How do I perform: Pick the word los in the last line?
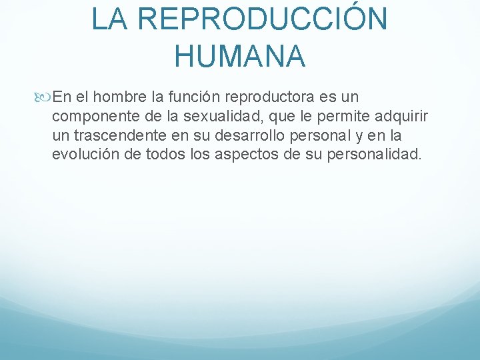coord(200,155)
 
